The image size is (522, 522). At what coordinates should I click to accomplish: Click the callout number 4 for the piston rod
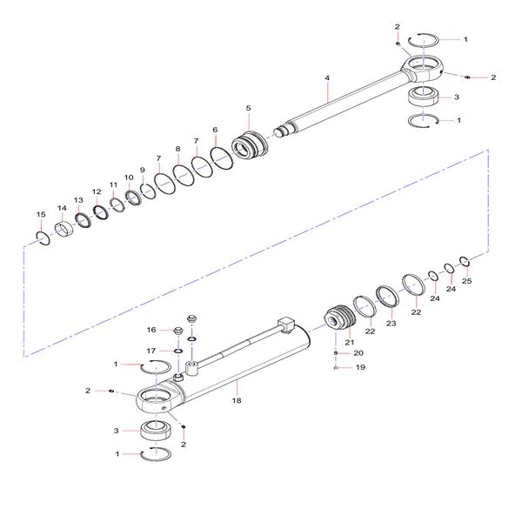(327, 78)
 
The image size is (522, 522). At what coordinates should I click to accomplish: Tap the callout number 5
(248, 108)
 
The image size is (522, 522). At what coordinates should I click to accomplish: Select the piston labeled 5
(250, 145)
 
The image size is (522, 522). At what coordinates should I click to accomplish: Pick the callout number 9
(143, 171)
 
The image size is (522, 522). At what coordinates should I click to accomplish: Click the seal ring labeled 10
(134, 197)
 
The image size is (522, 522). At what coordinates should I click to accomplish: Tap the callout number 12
(97, 191)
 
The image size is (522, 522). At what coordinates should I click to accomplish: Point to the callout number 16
(151, 330)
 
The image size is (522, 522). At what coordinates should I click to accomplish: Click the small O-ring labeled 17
(178, 351)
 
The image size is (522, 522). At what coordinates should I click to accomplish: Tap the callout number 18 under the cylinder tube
(237, 400)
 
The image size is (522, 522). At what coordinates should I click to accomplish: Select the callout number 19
(360, 367)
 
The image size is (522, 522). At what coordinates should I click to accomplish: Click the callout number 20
(358, 353)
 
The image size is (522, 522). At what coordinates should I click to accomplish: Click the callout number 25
(466, 281)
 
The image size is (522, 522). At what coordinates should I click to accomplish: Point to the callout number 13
(78, 200)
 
